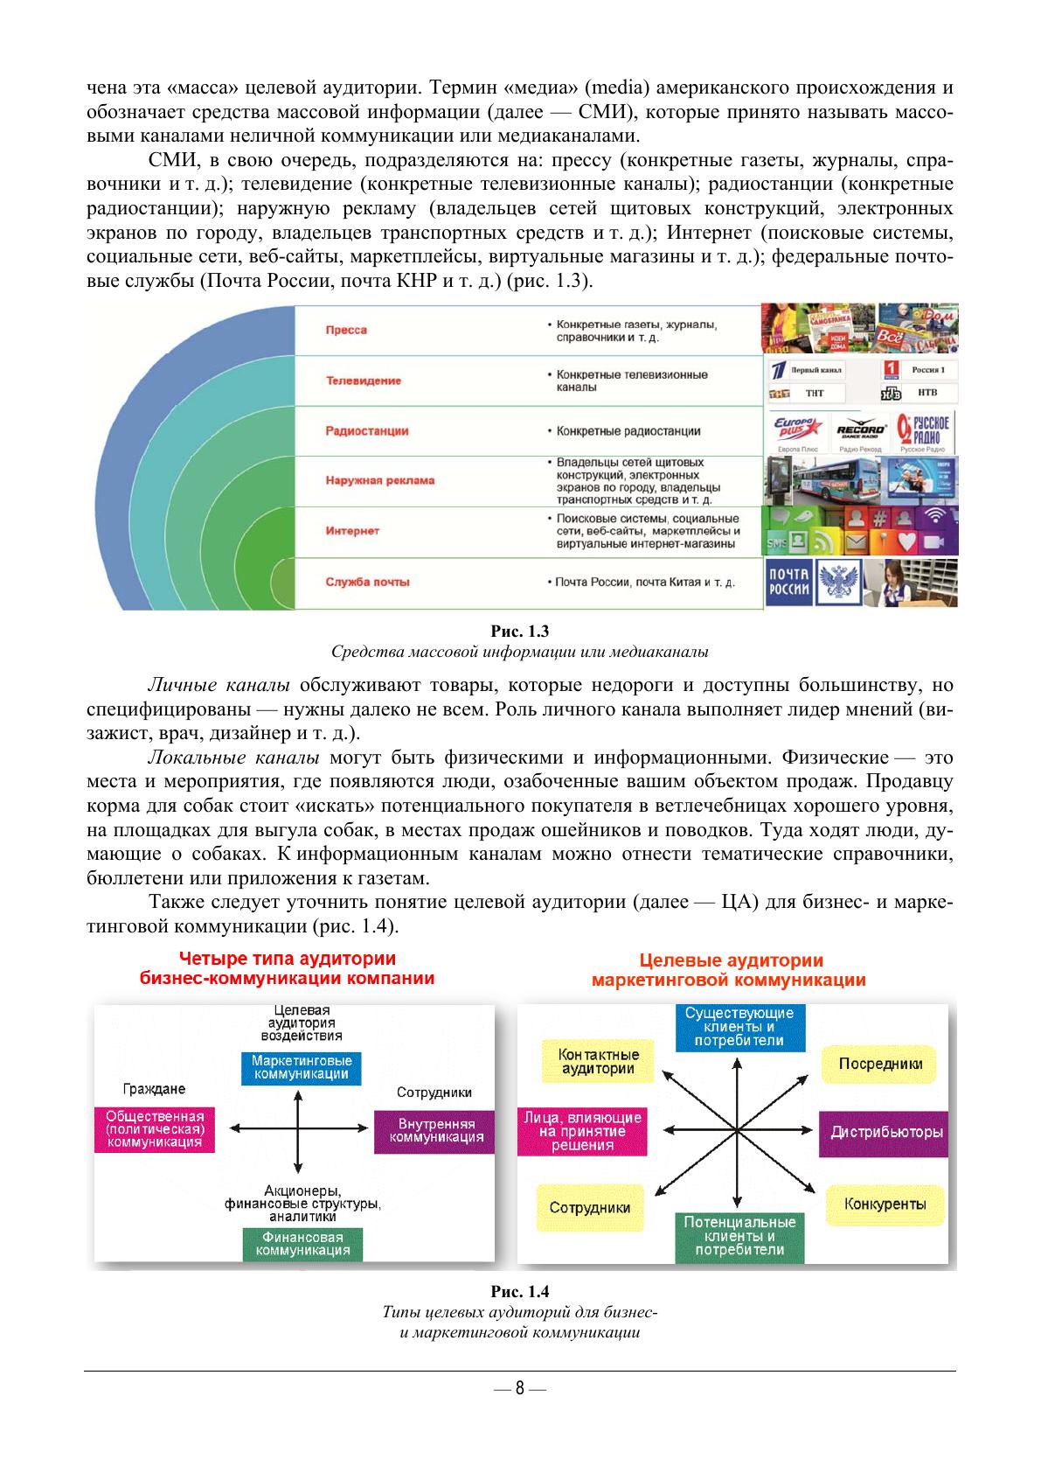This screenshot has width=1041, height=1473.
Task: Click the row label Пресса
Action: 346,330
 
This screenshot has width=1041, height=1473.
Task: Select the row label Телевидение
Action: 363,380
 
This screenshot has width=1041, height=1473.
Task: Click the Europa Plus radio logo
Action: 796,431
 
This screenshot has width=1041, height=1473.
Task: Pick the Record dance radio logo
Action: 861,431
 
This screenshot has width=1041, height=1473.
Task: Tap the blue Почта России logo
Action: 789,582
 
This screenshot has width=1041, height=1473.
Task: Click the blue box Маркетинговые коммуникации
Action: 301,1067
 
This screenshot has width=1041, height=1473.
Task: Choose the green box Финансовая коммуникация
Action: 302,1243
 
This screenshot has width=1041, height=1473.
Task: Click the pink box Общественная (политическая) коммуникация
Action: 154,1129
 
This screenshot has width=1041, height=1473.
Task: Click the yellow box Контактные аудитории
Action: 598,1061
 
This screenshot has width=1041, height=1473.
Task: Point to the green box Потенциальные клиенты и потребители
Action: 739,1236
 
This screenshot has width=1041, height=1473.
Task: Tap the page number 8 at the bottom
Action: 519,1388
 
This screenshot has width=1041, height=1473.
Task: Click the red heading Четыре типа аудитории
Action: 288,959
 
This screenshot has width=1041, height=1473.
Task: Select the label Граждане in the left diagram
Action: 154,1089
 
